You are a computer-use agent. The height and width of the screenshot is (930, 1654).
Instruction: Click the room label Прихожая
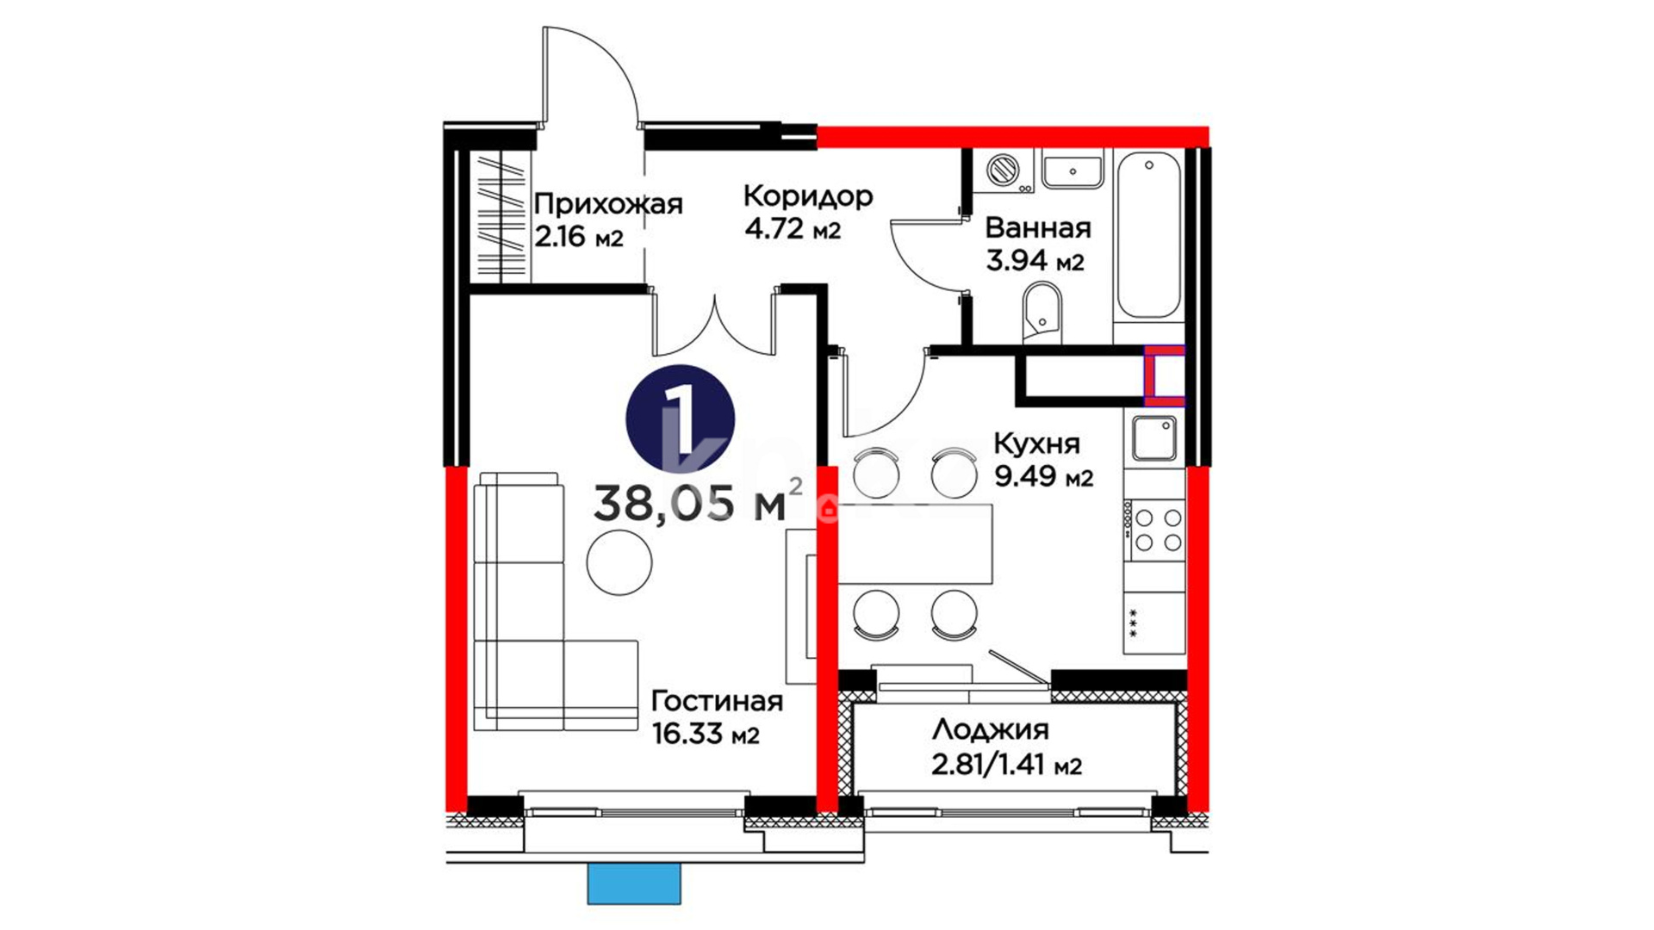point(608,205)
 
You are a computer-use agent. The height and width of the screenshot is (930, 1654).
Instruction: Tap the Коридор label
point(808,197)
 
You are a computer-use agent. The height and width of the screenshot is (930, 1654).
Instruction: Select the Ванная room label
point(1038,228)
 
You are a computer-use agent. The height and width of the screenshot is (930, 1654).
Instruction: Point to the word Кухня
point(1036,443)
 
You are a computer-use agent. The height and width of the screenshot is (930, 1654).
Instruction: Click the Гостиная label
point(718,701)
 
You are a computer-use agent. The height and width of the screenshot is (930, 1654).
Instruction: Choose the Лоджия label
point(991,730)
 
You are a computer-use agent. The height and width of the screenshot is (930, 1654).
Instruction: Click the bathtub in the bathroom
point(1148,236)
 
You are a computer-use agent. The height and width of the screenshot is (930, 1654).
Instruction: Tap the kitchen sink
point(1154,438)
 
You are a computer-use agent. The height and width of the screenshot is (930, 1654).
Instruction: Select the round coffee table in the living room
point(619,561)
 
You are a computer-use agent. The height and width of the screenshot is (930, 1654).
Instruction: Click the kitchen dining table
point(915,544)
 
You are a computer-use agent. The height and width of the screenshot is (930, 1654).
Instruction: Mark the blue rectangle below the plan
point(634,883)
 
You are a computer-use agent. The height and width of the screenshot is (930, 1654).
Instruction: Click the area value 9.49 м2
point(1044,475)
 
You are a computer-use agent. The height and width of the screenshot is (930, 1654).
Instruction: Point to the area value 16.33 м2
point(706,734)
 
